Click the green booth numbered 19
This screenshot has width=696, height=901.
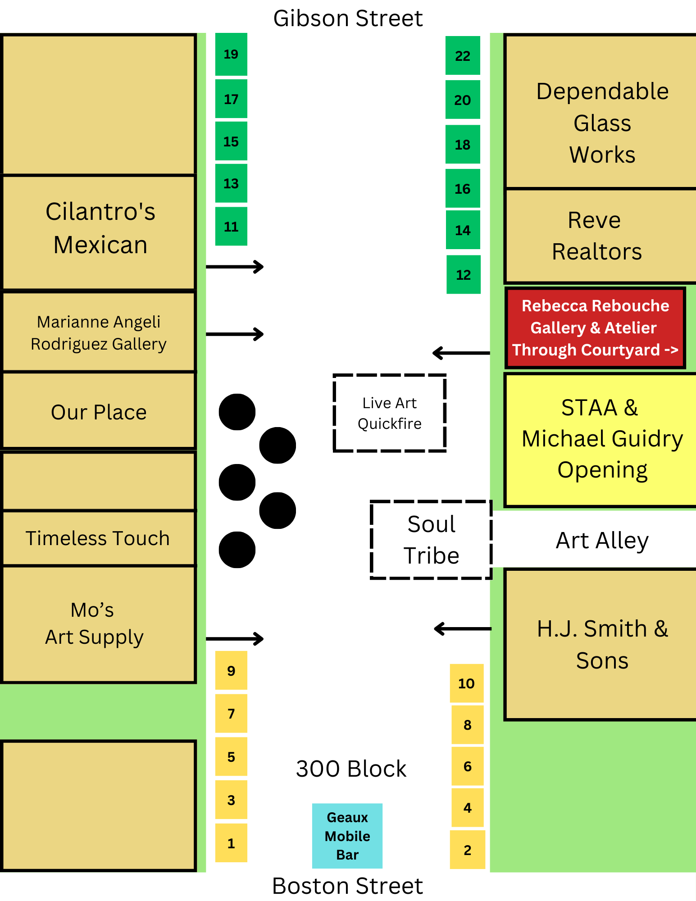point(231,55)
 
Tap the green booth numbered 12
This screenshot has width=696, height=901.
point(463,275)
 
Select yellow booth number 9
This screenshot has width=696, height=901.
point(231,670)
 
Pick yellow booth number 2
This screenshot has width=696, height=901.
point(467,850)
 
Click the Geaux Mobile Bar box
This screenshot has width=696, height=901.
point(347,836)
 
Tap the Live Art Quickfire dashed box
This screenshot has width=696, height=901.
point(390,413)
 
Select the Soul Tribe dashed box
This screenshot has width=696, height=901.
point(431,540)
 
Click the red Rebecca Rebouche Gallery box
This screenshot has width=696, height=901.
point(595,328)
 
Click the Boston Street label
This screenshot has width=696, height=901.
point(348,886)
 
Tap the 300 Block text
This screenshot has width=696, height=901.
point(351,769)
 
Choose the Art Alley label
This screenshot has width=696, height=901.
point(602,540)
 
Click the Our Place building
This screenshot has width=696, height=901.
point(99,412)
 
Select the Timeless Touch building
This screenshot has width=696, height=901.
point(98,538)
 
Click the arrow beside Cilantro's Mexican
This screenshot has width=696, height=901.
point(234,267)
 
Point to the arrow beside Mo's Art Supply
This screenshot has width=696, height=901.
point(234,638)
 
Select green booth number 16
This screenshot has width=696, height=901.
point(463,189)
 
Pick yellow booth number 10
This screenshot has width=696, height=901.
point(466,683)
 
